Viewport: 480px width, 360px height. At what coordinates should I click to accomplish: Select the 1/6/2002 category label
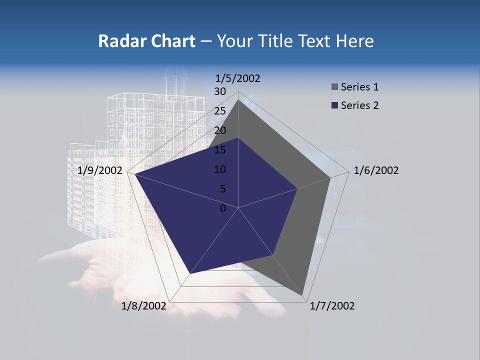[x=376, y=170]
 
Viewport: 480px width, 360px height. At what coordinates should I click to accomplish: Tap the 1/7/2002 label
[x=332, y=306]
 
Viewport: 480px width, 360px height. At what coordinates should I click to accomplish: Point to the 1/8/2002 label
[x=144, y=306]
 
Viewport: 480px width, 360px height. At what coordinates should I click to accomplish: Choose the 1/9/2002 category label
[x=100, y=170]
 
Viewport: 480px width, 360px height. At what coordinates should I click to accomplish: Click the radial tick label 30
[x=220, y=91]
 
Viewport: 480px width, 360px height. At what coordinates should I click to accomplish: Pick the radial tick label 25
[x=220, y=111]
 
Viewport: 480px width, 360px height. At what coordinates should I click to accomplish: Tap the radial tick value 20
[x=220, y=130]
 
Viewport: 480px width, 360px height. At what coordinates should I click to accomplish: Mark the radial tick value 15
[x=220, y=150]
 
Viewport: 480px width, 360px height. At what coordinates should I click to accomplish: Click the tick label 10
[x=220, y=169]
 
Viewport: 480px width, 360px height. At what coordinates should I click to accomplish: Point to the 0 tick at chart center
[x=223, y=208]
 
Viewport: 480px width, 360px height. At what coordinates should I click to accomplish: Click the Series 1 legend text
[x=359, y=87]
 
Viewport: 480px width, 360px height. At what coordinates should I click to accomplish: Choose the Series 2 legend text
[x=359, y=105]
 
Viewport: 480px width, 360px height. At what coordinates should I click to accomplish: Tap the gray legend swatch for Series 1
[x=334, y=87]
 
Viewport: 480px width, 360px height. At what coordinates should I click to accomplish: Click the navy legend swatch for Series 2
[x=334, y=105]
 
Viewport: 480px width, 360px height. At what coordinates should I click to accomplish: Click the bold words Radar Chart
[x=146, y=41]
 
